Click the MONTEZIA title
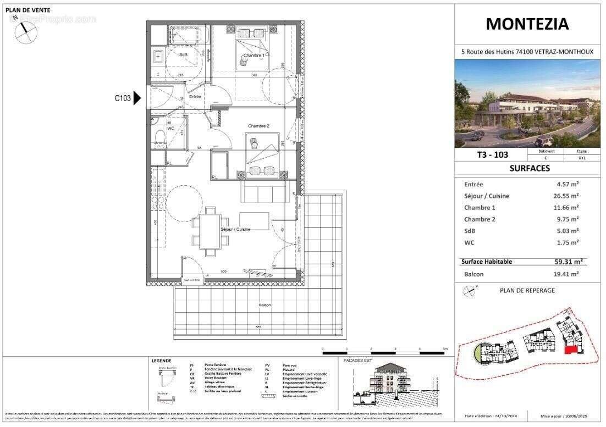pos(527,24)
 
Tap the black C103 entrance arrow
pos(137,98)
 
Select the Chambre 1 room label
pos(254,56)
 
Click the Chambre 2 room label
pos(258,126)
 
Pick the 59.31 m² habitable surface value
pos(568,262)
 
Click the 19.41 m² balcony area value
pos(567,274)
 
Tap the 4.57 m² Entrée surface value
pos(568,185)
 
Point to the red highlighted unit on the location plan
pos(572,350)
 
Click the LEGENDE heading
pos(161,361)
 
